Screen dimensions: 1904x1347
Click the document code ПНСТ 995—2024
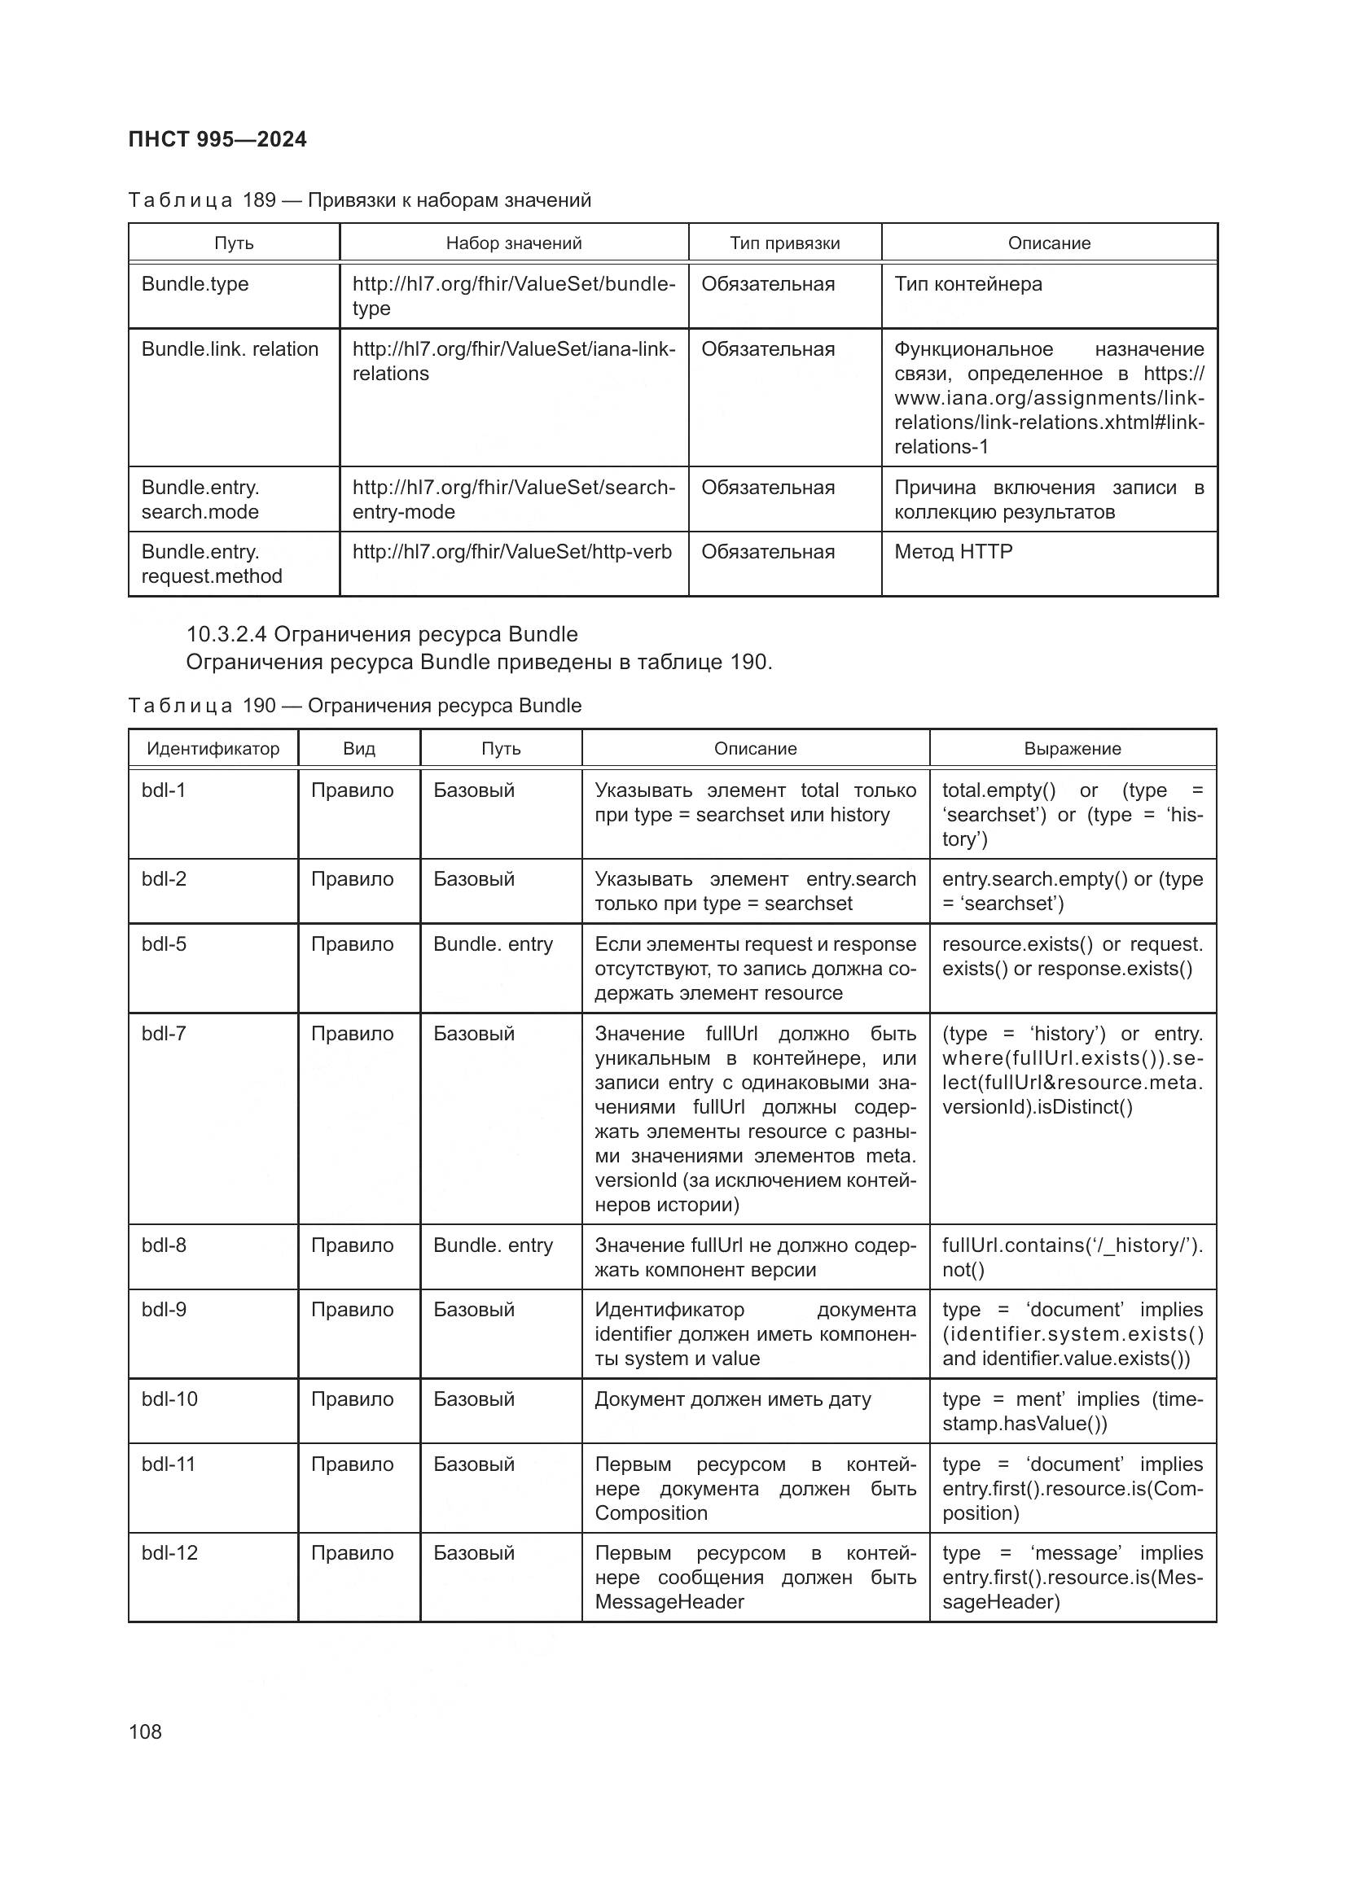[217, 139]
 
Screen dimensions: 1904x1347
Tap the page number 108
[145, 1731]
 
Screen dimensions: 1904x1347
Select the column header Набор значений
[513, 243]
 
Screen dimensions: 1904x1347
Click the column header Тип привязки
[784, 243]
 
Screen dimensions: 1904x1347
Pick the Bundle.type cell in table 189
[195, 283]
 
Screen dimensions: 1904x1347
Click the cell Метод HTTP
[953, 551]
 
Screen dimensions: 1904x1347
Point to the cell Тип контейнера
[968, 283]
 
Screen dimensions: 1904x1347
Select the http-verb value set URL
[511, 551]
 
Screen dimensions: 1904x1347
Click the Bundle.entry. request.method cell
[212, 564]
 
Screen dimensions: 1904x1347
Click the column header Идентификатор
[213, 749]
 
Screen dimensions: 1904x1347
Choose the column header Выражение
[1072, 749]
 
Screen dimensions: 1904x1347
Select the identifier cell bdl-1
[164, 790]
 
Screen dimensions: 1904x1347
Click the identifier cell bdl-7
[164, 1033]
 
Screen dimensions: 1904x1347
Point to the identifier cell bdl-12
[169, 1553]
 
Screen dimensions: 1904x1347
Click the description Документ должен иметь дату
[732, 1399]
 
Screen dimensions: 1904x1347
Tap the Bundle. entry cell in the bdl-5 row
[493, 943]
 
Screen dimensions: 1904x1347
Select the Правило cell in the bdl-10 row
[352, 1399]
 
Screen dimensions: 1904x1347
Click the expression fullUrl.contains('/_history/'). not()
[1072, 1257]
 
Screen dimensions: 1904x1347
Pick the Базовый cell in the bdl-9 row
[474, 1310]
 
